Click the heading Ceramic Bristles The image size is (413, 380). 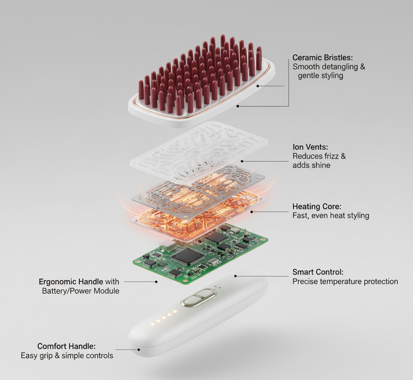pyautogui.click(x=322, y=58)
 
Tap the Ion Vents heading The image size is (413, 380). pyautogui.click(x=310, y=147)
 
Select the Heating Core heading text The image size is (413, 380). pyautogui.click(x=317, y=207)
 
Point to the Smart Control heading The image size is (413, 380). pyautogui.click(x=318, y=272)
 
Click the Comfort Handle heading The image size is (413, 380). pyautogui.click(x=67, y=346)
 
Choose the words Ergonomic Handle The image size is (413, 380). pyautogui.click(x=71, y=282)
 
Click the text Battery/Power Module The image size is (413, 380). pyautogui.click(x=81, y=291)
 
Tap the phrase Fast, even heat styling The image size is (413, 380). pyautogui.click(x=331, y=216)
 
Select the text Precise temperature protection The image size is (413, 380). pyautogui.click(x=345, y=281)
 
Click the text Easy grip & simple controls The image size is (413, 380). pyautogui.click(x=67, y=355)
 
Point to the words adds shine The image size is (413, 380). pyautogui.click(x=311, y=165)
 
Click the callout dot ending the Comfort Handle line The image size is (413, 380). pyautogui.click(x=139, y=349)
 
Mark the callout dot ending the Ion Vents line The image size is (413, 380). pyautogui.click(x=242, y=161)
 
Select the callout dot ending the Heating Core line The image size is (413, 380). pyautogui.click(x=252, y=212)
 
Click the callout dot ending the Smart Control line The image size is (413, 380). pyautogui.click(x=236, y=276)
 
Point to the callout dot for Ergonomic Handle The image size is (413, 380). pyautogui.click(x=156, y=282)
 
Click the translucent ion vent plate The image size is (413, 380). pyautogui.click(x=198, y=153)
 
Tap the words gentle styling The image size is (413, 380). pyautogui.click(x=321, y=76)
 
